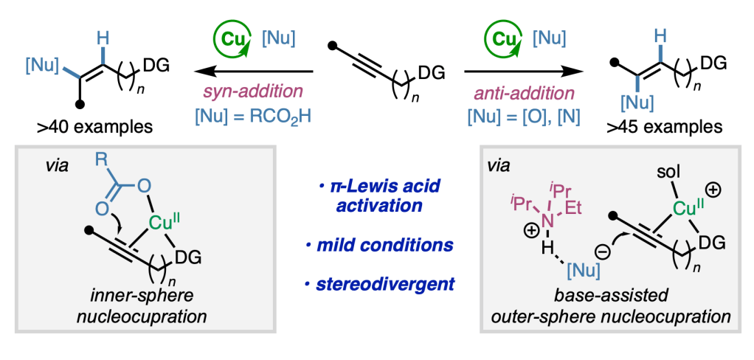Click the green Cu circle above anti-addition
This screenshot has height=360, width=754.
505,37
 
